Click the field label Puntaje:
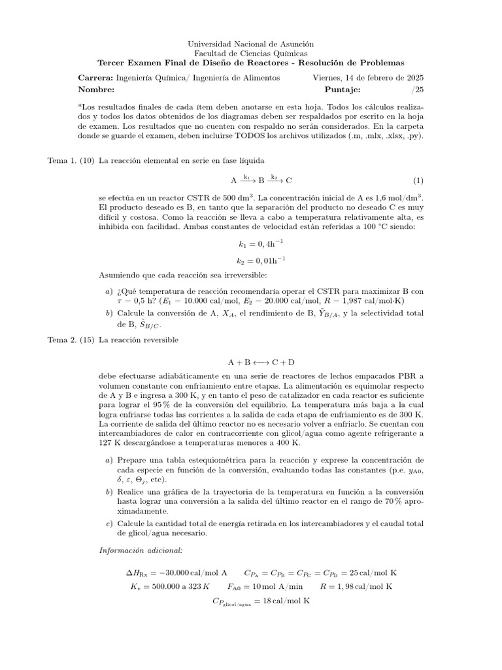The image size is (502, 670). [x=343, y=89]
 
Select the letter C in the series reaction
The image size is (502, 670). [x=289, y=180]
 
